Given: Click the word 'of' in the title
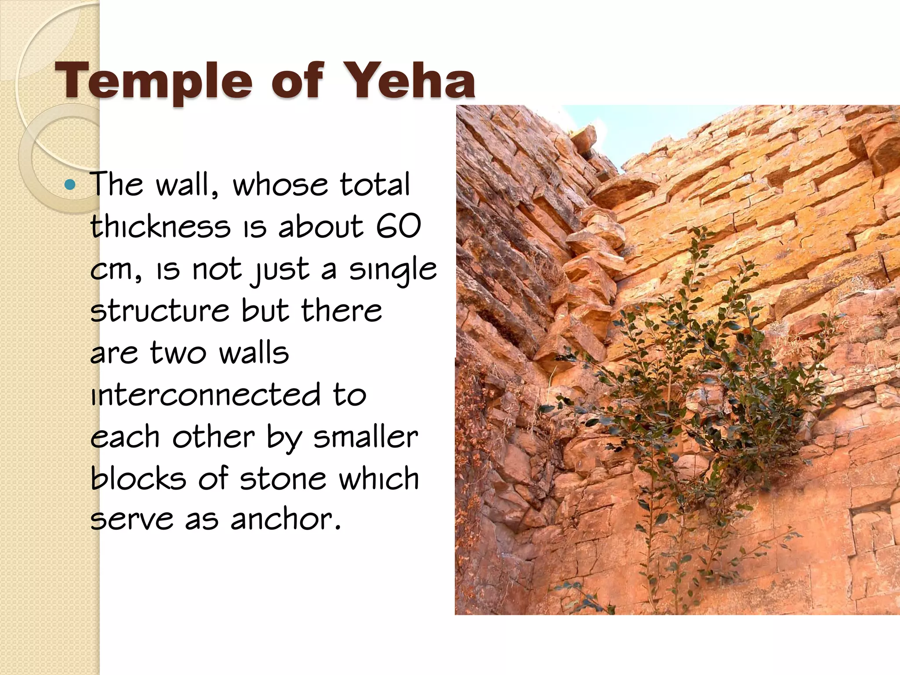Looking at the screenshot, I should click(x=297, y=80).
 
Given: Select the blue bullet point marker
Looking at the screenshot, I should click(x=70, y=184).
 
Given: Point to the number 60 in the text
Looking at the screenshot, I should click(x=398, y=227).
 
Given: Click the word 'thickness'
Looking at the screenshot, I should click(x=160, y=227).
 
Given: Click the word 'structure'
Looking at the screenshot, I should click(x=160, y=311).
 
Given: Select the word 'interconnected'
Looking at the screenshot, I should click(x=205, y=394).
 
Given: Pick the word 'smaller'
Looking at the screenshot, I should click(x=365, y=437).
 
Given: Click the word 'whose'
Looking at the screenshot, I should click(x=279, y=185).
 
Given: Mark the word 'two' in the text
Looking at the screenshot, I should click(x=178, y=353).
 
